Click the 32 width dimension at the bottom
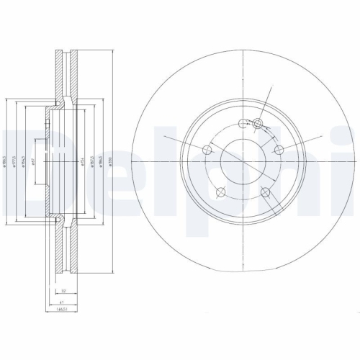(x=64, y=292)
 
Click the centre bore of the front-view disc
(x=243, y=160)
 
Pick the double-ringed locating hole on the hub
(x=258, y=125)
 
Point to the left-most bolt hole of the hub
(x=207, y=149)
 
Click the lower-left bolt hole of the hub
(x=220, y=192)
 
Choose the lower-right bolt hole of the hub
(x=265, y=192)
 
